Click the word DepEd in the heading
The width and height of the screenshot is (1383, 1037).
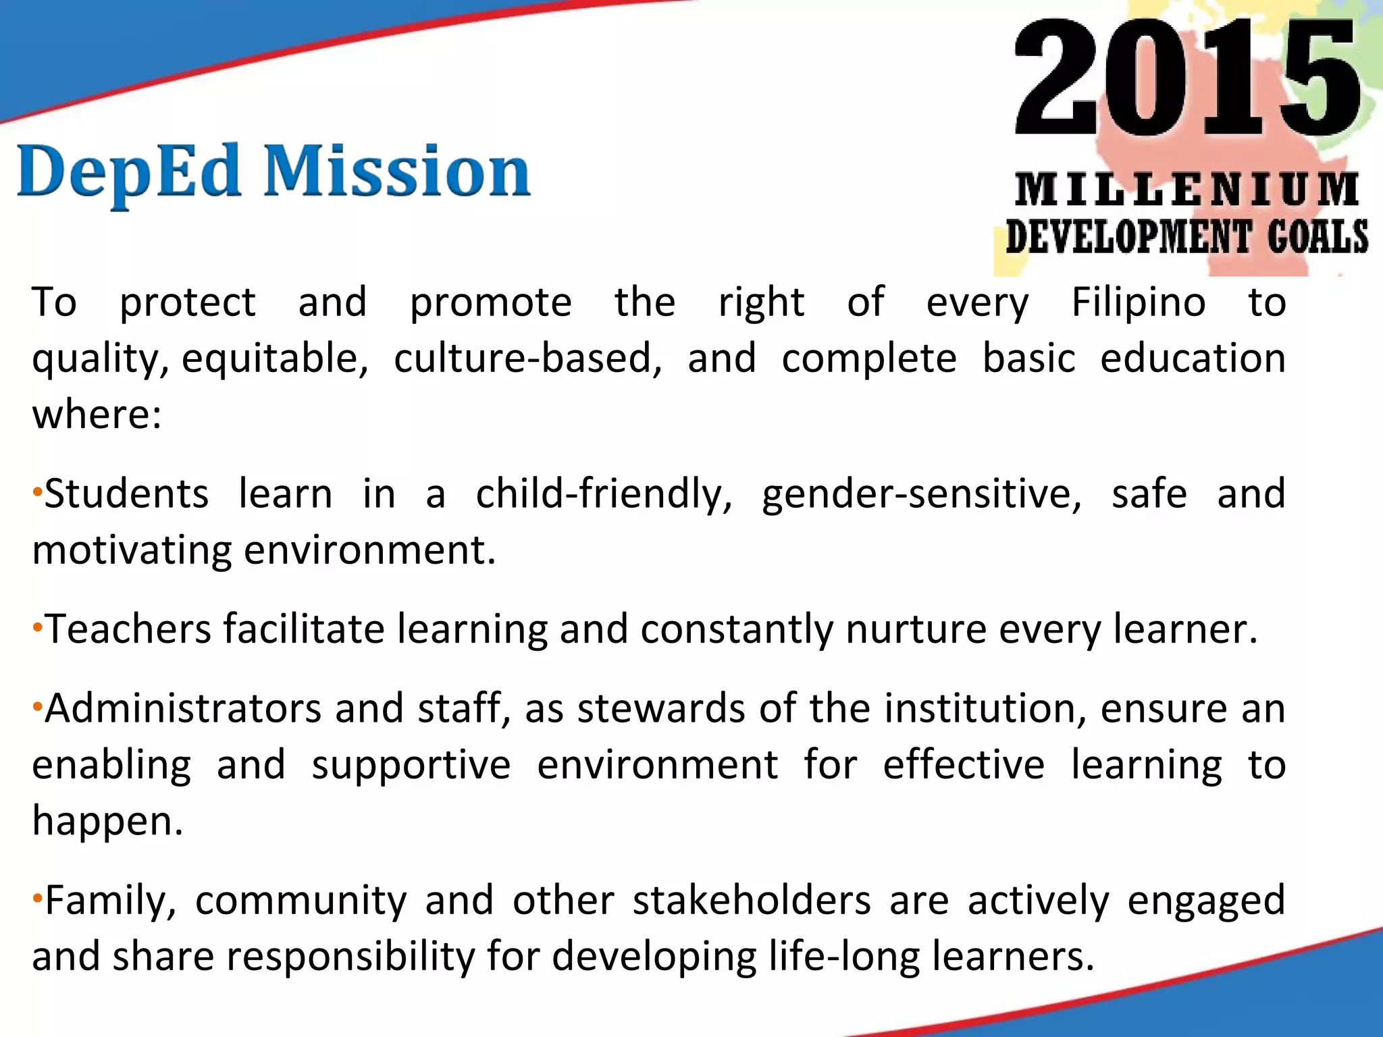click(128, 172)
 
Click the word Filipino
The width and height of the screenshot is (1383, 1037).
click(1139, 302)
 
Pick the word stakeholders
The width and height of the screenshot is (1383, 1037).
click(752, 900)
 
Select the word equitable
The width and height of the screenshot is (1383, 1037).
click(274, 358)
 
